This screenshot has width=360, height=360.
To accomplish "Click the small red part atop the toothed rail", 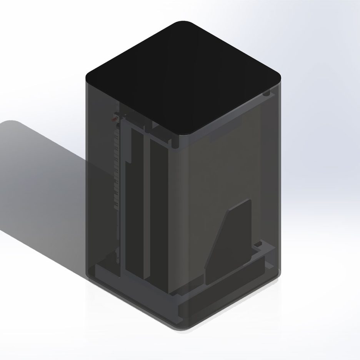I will [x=115, y=118].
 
